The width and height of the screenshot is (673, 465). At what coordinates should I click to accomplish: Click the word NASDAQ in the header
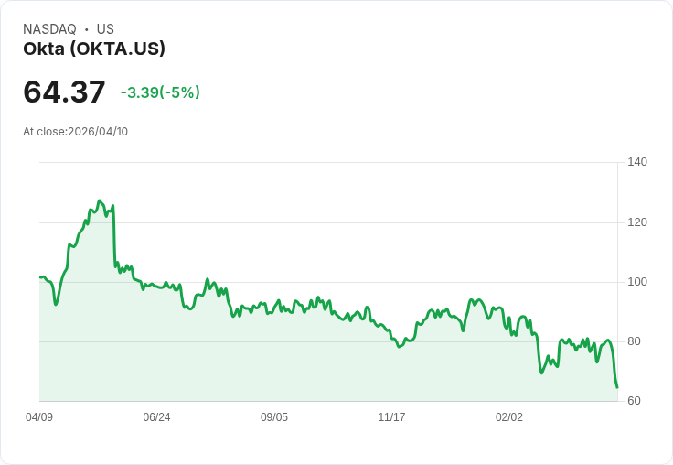click(49, 29)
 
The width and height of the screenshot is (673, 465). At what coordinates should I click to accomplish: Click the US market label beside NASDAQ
click(105, 29)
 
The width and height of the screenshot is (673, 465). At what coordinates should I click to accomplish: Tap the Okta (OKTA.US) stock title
click(94, 49)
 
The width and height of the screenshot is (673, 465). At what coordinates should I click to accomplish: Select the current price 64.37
click(64, 92)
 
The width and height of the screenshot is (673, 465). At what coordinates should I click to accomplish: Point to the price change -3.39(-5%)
click(160, 92)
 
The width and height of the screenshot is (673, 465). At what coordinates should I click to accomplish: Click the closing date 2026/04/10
click(98, 132)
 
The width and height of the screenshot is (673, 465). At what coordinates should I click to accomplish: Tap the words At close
click(44, 132)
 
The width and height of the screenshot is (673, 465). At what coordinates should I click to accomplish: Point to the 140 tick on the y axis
click(637, 162)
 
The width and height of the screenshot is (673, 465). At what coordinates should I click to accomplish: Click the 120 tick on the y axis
click(637, 222)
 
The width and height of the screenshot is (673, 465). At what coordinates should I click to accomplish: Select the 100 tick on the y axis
click(637, 282)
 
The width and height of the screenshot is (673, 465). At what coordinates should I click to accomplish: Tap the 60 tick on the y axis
click(634, 401)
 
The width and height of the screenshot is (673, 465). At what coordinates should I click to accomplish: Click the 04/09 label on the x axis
click(39, 417)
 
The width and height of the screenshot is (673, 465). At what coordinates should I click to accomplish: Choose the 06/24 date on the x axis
click(156, 417)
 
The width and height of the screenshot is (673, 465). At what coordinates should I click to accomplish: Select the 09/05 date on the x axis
click(274, 417)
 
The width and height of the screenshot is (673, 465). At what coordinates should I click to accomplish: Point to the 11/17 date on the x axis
click(391, 417)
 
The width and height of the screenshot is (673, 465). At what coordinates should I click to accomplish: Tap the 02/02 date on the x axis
click(509, 417)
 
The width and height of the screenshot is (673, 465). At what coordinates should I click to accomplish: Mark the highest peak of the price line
click(100, 200)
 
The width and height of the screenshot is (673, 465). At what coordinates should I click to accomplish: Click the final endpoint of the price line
click(617, 387)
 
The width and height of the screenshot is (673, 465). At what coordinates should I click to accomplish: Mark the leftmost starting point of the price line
click(39, 276)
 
